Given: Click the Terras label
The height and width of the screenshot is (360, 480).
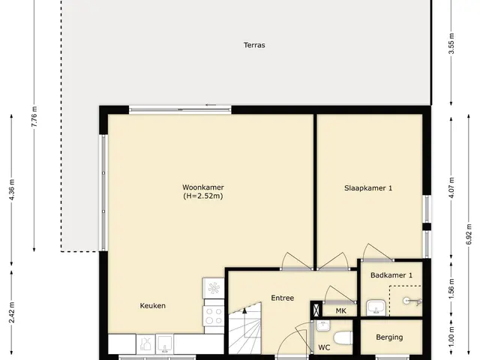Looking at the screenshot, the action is click(254, 45).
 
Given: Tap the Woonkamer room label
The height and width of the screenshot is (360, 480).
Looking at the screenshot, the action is click(203, 187).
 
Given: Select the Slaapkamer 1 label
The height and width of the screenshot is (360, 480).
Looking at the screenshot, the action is click(368, 188).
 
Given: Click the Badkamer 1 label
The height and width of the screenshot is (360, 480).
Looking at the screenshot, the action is click(391, 275).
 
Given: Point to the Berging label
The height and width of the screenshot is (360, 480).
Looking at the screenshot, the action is click(389, 337).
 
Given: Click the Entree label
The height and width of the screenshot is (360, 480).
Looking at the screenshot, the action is click(282, 298).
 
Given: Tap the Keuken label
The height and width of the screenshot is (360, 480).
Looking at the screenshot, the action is click(153, 306).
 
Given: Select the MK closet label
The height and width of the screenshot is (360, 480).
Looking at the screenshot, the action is click(340, 311).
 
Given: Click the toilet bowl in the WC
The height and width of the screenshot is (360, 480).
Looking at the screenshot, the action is click(343, 338).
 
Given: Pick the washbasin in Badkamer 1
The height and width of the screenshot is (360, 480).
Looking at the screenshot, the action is click(376, 307).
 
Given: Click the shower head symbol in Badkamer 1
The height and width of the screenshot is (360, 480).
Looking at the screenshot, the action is click(412, 301).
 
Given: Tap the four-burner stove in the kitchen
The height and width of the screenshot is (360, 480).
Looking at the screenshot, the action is click(214, 316).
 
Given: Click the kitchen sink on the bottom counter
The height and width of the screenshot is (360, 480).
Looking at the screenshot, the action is click(164, 343).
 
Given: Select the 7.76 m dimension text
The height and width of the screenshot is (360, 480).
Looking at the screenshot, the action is click(34, 117).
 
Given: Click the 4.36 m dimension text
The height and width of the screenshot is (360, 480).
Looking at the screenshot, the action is click(12, 190).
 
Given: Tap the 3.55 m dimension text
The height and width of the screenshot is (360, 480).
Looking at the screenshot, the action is click(451, 43).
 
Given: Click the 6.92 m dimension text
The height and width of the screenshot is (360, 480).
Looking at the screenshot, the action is click(469, 234).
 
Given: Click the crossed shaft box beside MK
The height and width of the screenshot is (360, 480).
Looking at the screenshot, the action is click(316, 309).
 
